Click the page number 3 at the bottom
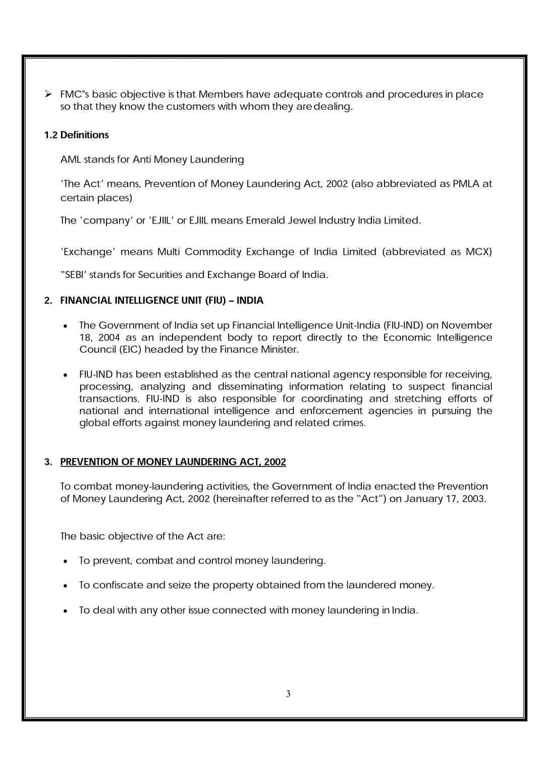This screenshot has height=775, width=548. click(x=288, y=694)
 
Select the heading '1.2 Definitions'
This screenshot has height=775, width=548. click(x=76, y=135)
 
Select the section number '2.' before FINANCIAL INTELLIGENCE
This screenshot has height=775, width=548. click(x=48, y=301)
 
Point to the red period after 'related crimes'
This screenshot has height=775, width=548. click(x=365, y=423)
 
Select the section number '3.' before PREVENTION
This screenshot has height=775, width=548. click(x=48, y=462)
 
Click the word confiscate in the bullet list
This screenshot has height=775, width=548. click(x=120, y=585)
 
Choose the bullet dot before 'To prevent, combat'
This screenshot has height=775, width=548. click(x=66, y=561)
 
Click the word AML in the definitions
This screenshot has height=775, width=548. click(x=70, y=159)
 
